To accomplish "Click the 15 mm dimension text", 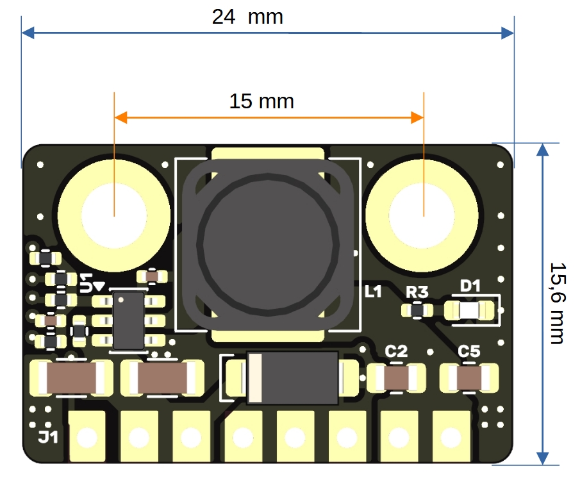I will (261, 101).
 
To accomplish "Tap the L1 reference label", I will (373, 292).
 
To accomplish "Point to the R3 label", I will (417, 292).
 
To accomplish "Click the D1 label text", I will (470, 286).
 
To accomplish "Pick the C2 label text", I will (396, 351).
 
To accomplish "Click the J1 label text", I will (48, 438).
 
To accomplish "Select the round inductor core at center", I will (268, 241).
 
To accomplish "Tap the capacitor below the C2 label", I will (396, 378).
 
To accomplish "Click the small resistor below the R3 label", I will (417, 311).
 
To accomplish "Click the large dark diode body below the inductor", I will (292, 378).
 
